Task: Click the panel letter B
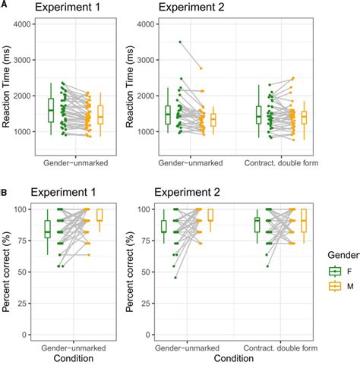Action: point(5,183)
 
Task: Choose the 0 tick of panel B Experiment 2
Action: point(146,335)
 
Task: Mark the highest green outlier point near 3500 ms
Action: point(179,42)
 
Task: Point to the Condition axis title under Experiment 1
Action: point(75,359)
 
